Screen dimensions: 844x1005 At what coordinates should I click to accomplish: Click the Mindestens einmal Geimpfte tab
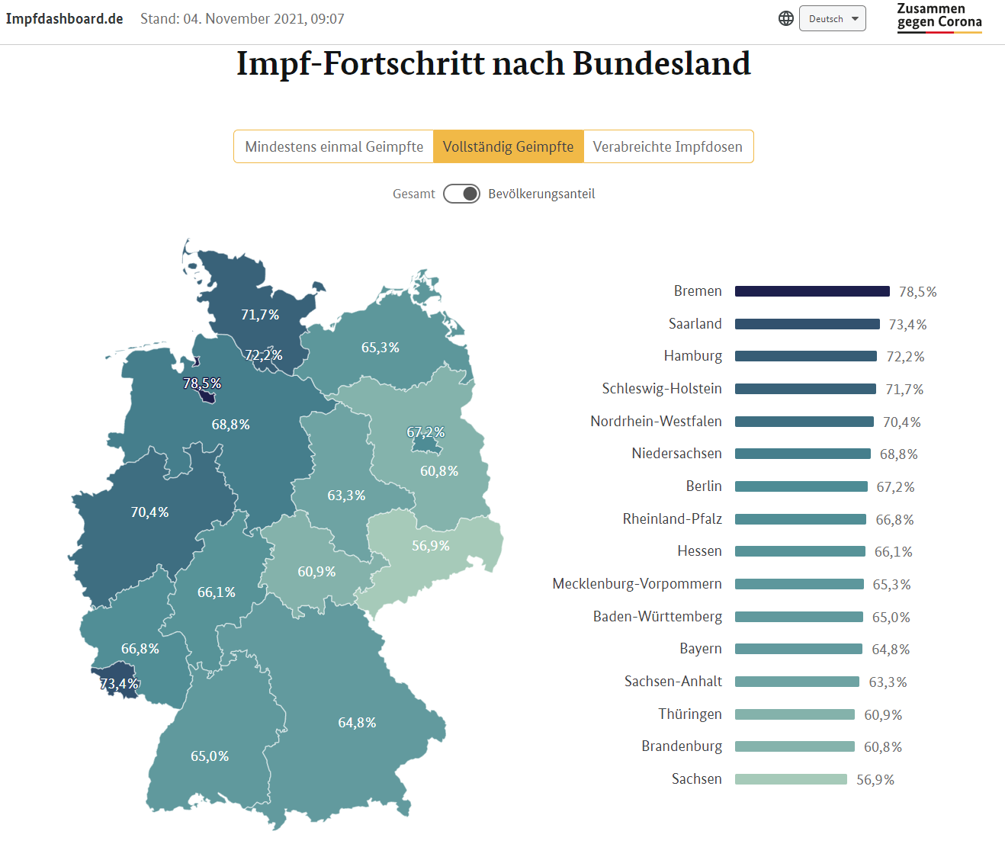tap(334, 147)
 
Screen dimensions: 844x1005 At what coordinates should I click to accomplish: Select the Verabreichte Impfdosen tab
tap(667, 147)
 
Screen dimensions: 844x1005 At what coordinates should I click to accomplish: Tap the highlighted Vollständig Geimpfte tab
tap(508, 147)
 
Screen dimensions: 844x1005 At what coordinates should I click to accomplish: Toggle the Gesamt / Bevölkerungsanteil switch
tap(461, 194)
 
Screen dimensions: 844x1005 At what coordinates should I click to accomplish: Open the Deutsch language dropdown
tap(832, 19)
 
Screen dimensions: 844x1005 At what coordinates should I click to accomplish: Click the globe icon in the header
tap(786, 19)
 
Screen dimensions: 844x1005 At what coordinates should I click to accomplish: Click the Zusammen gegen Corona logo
tap(939, 18)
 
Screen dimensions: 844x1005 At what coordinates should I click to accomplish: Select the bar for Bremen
tap(812, 291)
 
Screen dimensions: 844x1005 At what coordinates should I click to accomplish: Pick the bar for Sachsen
tap(791, 779)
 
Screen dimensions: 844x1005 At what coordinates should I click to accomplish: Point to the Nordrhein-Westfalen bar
tap(804, 422)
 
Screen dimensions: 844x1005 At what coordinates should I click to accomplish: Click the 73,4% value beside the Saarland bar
tap(907, 325)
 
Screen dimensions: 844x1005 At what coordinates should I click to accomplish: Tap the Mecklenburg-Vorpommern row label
tap(637, 584)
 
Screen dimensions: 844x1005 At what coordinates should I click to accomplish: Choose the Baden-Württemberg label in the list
tap(657, 617)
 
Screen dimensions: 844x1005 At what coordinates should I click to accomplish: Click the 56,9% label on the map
tap(431, 546)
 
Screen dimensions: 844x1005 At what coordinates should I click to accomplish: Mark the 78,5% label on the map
tap(202, 383)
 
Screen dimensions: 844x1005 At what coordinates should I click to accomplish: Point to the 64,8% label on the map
tap(357, 723)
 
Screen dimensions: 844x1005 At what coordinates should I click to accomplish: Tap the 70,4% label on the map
tap(149, 512)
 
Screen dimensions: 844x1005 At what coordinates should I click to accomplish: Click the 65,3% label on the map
tap(380, 348)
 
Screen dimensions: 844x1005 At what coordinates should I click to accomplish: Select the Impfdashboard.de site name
tap(65, 19)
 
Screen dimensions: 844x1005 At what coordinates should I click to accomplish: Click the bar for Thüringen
tap(795, 714)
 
